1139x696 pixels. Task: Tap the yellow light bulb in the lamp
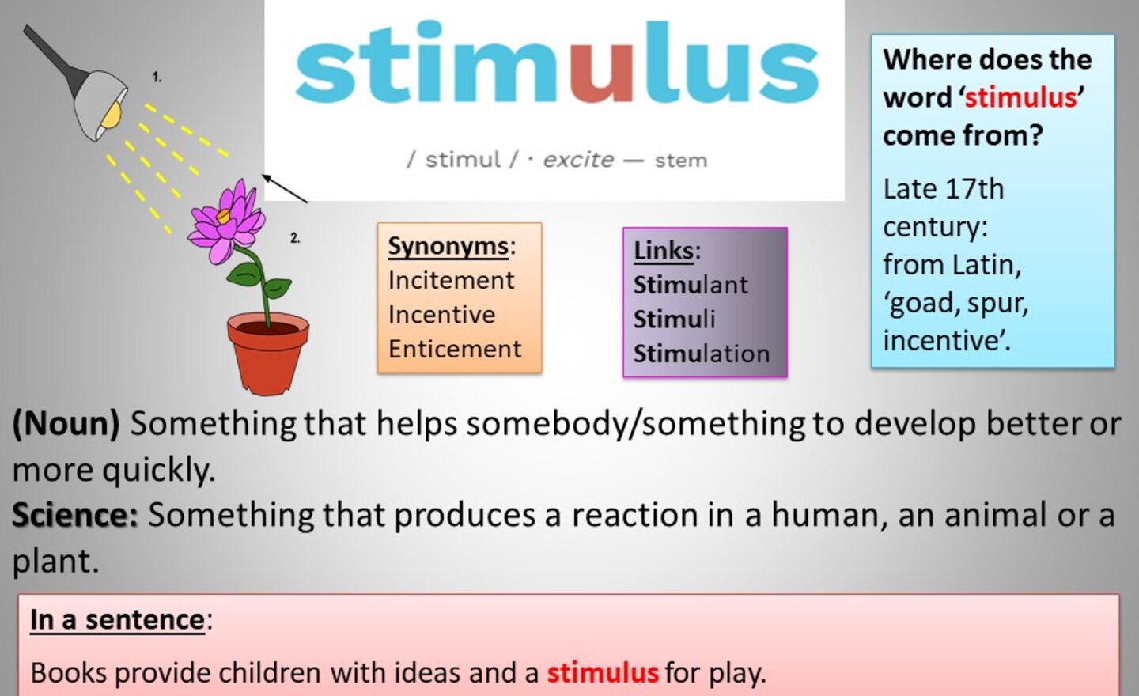tap(112, 115)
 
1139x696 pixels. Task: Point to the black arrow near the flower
tap(285, 188)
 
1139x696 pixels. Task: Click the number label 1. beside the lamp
tap(157, 78)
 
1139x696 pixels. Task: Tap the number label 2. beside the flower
tap(295, 238)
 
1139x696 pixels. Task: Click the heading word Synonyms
tap(448, 247)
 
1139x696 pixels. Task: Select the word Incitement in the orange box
tap(451, 281)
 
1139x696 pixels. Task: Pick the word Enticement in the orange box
tap(455, 350)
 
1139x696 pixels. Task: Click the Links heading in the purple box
tap(664, 251)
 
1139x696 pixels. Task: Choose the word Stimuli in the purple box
tap(674, 320)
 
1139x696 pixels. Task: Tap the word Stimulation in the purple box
tap(702, 354)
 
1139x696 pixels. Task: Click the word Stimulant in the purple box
tap(691, 285)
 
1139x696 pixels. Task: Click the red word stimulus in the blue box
tap(1020, 97)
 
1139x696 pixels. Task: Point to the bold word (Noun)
tap(66, 424)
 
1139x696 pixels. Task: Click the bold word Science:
tap(75, 515)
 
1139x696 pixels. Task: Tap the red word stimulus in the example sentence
tap(603, 672)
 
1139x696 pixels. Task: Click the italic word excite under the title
tap(579, 160)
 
